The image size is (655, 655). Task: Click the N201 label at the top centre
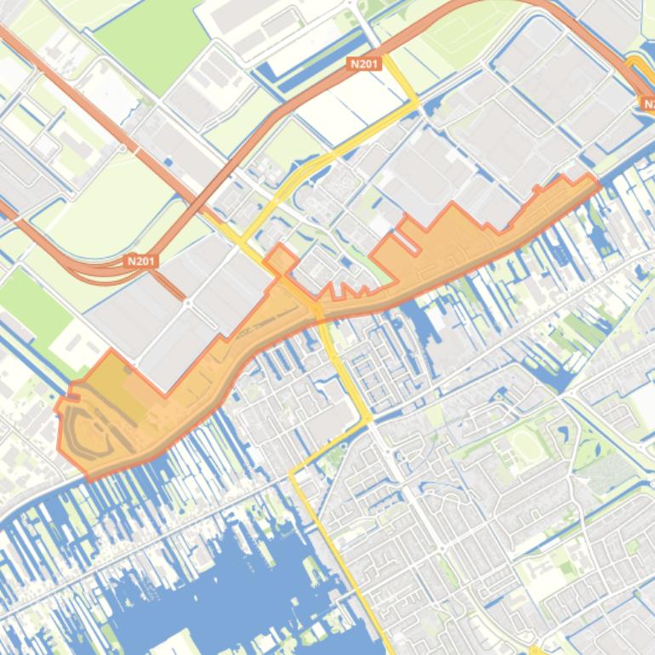[364, 63]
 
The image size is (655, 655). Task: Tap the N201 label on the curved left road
[140, 261]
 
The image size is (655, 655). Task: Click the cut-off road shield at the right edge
[648, 104]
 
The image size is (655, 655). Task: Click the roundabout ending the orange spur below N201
[186, 301]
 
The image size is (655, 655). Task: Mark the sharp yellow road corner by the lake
[291, 472]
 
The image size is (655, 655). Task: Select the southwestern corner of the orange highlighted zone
[88, 478]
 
